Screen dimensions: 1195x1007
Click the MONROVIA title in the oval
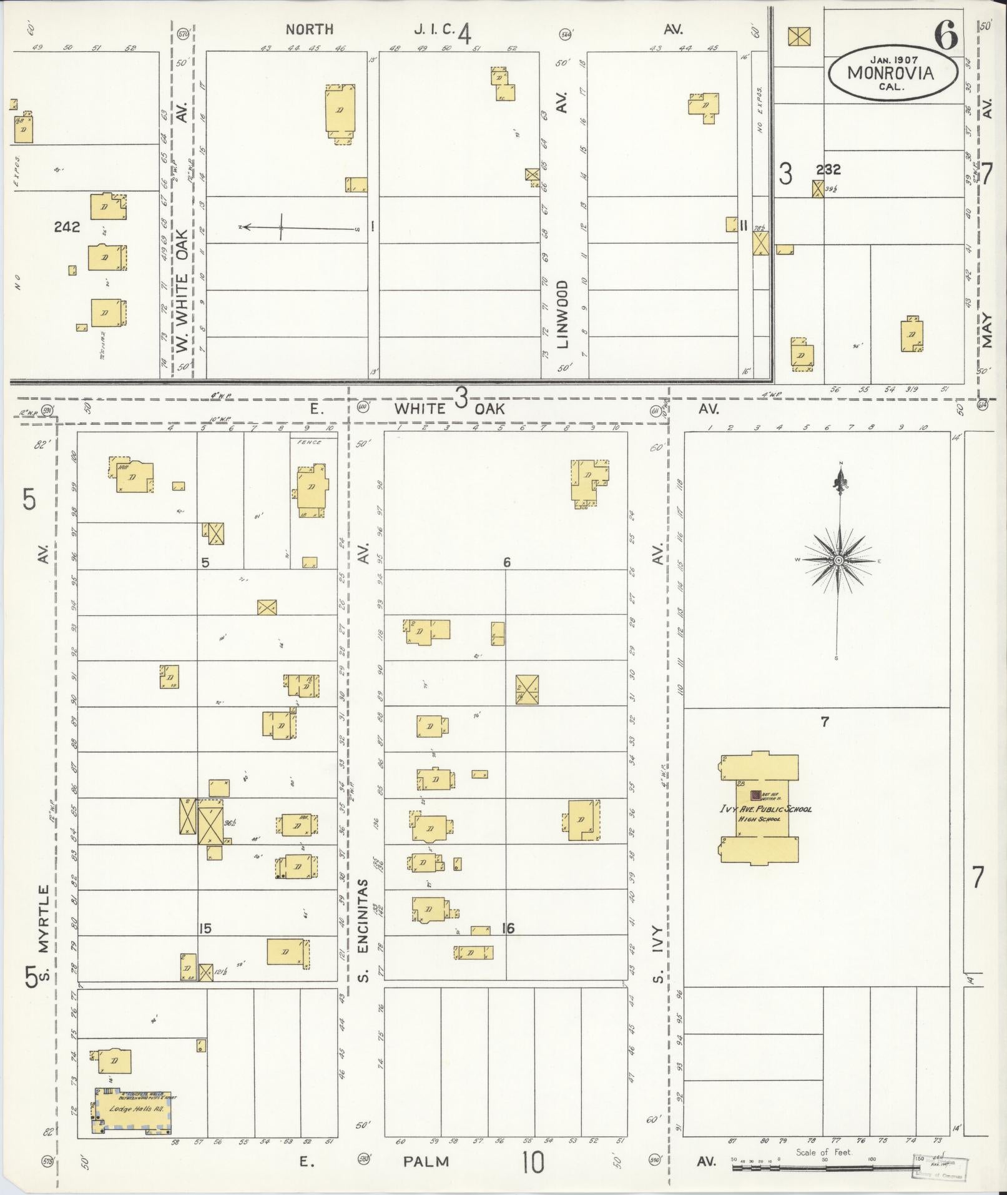891,73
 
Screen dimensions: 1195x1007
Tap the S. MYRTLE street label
42,928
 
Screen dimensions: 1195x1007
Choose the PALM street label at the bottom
426,1161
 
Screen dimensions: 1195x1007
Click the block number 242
67,227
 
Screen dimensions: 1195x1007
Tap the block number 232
828,169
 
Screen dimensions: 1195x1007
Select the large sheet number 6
945,37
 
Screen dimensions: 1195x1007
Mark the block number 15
205,929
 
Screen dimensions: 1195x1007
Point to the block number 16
508,929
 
